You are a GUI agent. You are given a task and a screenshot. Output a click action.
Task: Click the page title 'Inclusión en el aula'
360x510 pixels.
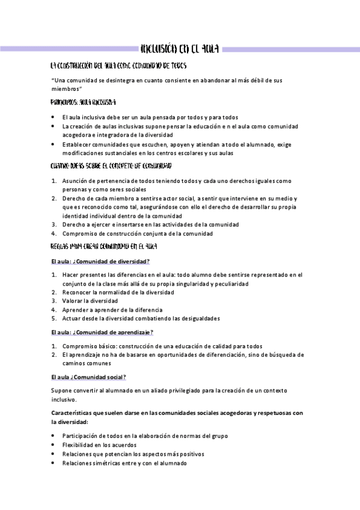click(179, 48)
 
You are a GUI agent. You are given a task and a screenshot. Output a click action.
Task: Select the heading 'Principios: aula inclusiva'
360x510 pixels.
click(84, 102)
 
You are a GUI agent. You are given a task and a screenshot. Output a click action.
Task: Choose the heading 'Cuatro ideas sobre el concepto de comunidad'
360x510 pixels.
click(111, 165)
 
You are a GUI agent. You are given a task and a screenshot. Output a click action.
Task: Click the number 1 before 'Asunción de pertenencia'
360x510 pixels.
click(53, 180)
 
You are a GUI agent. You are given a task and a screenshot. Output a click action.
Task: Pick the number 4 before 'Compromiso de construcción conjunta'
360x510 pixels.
click(53, 233)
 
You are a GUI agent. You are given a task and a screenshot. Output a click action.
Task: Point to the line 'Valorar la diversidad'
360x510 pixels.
click(90, 301)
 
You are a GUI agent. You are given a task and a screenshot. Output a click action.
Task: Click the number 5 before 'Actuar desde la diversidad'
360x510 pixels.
click(53, 318)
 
